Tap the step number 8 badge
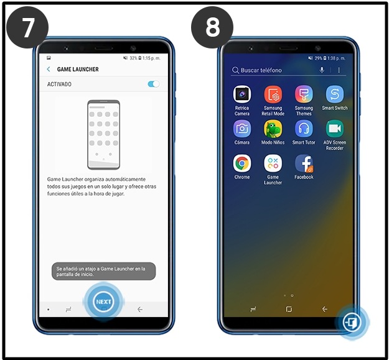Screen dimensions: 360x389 pyautogui.click(x=212, y=28)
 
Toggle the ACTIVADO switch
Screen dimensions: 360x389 pyautogui.click(x=153, y=84)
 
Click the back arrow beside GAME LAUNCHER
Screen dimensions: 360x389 pyautogui.click(x=49, y=69)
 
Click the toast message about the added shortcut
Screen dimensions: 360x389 pyautogui.click(x=103, y=271)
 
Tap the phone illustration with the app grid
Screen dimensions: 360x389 pyautogui.click(x=103, y=134)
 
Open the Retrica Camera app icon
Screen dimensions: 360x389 pyautogui.click(x=242, y=95)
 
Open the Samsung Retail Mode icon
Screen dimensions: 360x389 pyautogui.click(x=273, y=95)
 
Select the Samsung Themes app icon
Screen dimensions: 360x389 pyautogui.click(x=304, y=95)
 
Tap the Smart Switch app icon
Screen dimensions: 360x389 pyautogui.click(x=335, y=95)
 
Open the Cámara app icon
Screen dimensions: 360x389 pyautogui.click(x=242, y=129)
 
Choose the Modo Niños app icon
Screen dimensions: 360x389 pyautogui.click(x=273, y=129)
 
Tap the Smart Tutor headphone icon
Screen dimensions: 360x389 pyautogui.click(x=304, y=129)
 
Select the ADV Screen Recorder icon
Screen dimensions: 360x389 pyautogui.click(x=335, y=129)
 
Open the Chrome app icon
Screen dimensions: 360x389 pyautogui.click(x=242, y=164)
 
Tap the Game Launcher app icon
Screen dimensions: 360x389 pyautogui.click(x=273, y=164)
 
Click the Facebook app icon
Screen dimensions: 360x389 pyautogui.click(x=304, y=164)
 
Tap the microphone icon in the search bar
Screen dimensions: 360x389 pyautogui.click(x=322, y=70)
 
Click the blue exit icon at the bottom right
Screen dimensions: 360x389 pyautogui.click(x=353, y=322)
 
